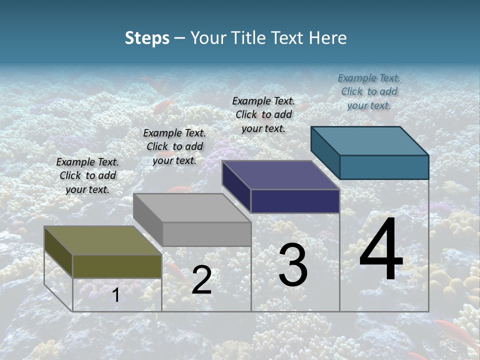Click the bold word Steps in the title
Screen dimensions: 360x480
pyautogui.click(x=147, y=38)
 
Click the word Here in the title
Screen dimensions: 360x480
pyautogui.click(x=327, y=38)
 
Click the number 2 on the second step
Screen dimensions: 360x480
pyautogui.click(x=201, y=280)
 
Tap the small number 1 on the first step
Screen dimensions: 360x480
pyautogui.click(x=115, y=295)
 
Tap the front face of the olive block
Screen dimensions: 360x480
pyautogui.click(x=117, y=266)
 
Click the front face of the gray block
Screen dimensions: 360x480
pyautogui.click(x=206, y=234)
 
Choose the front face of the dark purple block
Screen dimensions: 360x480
pyautogui.click(x=295, y=201)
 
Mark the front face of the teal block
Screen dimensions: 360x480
pyautogui.click(x=384, y=167)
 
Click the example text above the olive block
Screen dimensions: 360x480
pyautogui.click(x=87, y=175)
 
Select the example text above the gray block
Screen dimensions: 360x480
pyautogui.click(x=174, y=146)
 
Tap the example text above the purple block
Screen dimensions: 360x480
pyautogui.click(x=263, y=114)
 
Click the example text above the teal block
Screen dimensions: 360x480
pyautogui.click(x=369, y=91)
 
